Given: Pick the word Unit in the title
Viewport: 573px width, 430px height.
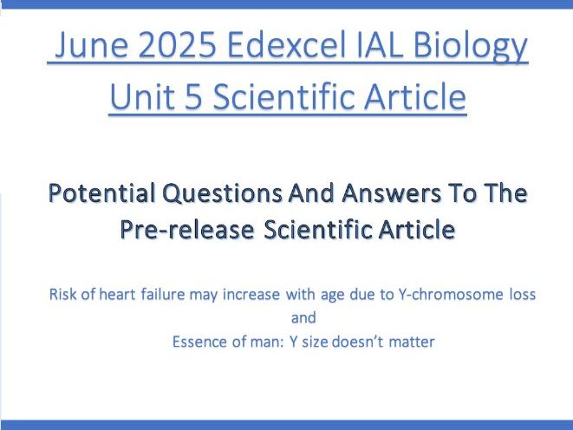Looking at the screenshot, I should coord(142,97).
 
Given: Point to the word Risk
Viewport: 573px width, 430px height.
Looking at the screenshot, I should coord(65,294).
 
